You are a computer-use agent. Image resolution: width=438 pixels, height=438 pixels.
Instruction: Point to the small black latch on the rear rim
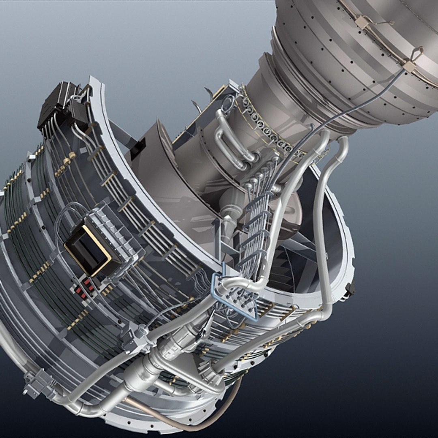coord(350,288)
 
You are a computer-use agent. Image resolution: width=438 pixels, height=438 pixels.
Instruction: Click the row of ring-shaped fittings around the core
coord(272,130)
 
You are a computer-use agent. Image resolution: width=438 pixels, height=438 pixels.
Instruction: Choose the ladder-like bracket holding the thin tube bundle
coord(253,231)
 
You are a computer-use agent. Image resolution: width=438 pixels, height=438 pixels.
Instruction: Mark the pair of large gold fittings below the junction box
coord(67,160)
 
